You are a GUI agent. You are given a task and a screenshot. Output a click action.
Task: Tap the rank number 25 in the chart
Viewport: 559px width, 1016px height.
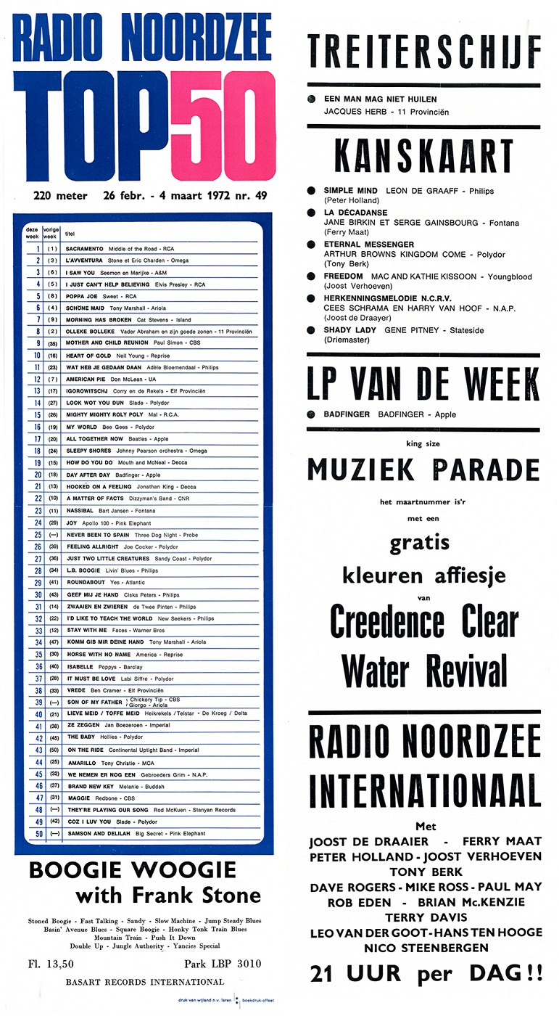pyautogui.click(x=38, y=534)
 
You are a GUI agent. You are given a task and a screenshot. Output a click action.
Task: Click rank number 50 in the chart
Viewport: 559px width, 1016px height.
pyautogui.click(x=38, y=833)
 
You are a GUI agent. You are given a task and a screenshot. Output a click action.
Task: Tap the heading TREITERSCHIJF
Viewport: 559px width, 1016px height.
pyautogui.click(x=424, y=52)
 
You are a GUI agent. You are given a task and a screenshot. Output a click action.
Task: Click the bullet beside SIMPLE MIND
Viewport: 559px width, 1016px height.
pyautogui.click(x=311, y=191)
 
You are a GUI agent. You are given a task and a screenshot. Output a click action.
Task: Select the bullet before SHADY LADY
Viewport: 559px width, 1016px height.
pyautogui.click(x=311, y=329)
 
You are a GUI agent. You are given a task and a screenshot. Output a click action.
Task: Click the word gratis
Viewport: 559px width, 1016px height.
pyautogui.click(x=419, y=542)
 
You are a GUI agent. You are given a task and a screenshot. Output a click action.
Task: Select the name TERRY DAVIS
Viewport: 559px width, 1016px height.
pyautogui.click(x=425, y=917)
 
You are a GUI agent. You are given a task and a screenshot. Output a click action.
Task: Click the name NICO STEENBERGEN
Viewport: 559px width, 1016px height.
pyautogui.click(x=425, y=948)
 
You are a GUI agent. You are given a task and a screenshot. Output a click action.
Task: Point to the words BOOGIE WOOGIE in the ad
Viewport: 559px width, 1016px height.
pyautogui.click(x=133, y=870)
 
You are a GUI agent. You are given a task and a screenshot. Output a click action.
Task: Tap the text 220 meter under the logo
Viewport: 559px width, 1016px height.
pyautogui.click(x=60, y=196)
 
